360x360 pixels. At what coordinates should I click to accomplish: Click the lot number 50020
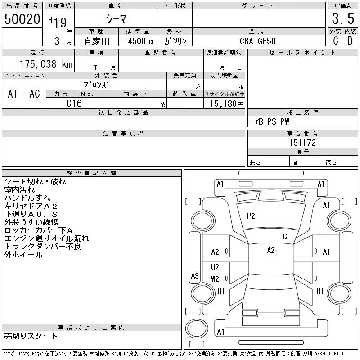[x=22, y=19]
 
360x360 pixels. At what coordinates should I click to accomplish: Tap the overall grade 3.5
[x=343, y=18]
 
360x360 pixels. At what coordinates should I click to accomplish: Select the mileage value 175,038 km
[x=46, y=64]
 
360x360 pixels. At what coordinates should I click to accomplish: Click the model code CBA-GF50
[x=257, y=41]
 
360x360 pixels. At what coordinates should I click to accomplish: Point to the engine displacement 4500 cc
[x=141, y=41]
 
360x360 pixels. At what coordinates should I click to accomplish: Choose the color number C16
[x=74, y=103]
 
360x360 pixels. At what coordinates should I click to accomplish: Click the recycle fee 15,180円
[x=227, y=104]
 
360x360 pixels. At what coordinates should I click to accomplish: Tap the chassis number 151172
[x=302, y=143]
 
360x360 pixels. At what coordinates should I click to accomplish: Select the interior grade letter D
[x=350, y=41]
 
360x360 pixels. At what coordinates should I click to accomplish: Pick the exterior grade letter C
[x=335, y=41]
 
